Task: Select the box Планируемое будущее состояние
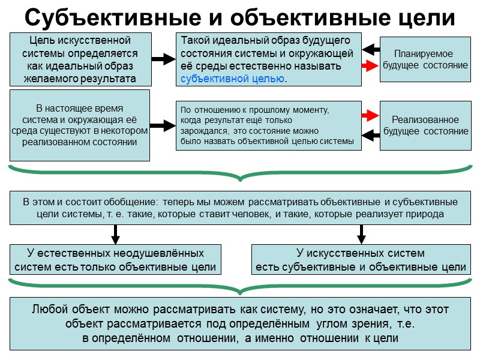coord(425,59)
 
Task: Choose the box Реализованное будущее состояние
coord(425,125)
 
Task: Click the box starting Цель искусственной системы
coord(80,59)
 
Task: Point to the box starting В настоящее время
coord(80,125)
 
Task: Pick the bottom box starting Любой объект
coord(239,324)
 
